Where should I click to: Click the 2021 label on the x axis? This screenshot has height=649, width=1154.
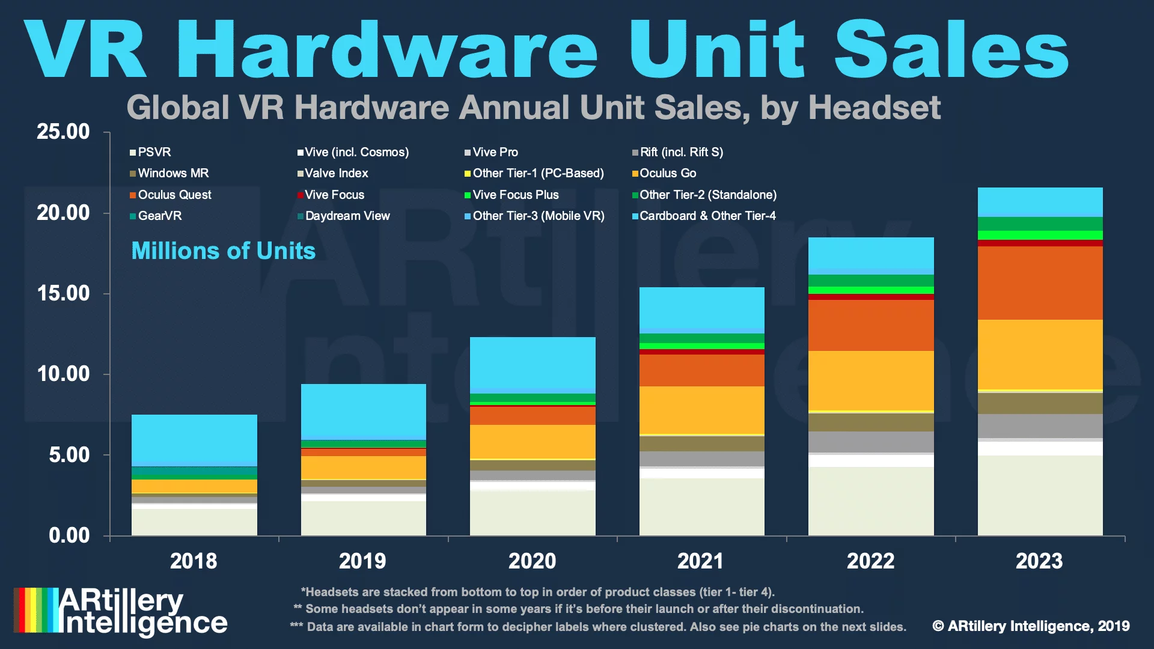701,561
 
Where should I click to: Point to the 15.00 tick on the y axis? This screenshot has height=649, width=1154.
63,293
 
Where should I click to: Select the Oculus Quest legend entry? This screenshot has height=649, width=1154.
170,195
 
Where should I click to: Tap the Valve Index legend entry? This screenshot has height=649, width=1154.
332,173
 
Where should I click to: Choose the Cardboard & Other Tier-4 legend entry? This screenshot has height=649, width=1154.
704,216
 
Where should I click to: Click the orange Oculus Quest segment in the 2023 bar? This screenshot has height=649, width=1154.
1040,283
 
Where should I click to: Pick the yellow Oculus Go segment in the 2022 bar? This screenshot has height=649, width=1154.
871,380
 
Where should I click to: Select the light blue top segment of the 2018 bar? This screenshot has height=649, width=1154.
194,440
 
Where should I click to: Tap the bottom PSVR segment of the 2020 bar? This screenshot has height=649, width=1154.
533,513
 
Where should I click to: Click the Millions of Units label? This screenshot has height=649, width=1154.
224,251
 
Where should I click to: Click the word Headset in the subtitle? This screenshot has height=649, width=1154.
875,108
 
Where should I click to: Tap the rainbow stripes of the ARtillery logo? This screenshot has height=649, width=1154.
37,610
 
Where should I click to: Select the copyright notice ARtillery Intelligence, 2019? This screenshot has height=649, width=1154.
1031,626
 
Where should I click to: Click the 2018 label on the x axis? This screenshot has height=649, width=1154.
194,561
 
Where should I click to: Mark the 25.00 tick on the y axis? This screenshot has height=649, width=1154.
63,132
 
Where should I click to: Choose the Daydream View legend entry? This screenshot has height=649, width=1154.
343,216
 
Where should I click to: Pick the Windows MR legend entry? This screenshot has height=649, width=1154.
169,173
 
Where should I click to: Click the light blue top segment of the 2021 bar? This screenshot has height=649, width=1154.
702,310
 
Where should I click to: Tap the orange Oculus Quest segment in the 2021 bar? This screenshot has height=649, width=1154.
702,370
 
